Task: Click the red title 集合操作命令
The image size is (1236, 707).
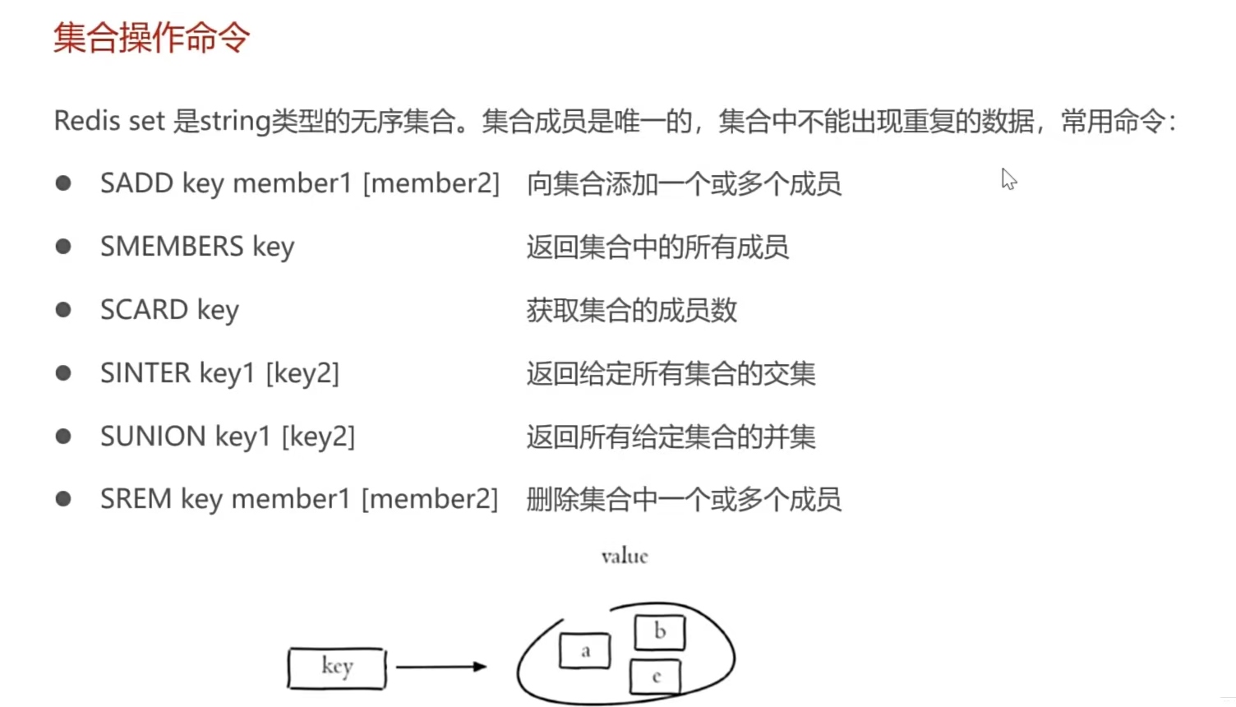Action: [x=151, y=38]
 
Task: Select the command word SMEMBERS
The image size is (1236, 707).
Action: [x=172, y=246]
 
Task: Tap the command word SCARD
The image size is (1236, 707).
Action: [x=144, y=309]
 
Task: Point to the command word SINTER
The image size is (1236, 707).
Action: [x=145, y=372]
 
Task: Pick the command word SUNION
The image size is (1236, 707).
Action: [x=153, y=436]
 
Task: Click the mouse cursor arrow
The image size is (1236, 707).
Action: [x=1008, y=178]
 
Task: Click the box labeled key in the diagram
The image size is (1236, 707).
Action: [x=337, y=668]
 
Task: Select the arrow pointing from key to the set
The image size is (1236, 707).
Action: [x=440, y=667]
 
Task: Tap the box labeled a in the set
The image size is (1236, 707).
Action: [x=585, y=651]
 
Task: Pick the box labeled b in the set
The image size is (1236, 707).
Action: [x=660, y=632]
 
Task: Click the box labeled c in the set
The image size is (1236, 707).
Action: [x=656, y=677]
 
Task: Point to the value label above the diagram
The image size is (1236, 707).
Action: [x=625, y=557]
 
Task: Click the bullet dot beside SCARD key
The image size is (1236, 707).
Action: [x=63, y=309]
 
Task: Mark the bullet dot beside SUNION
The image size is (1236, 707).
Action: [x=63, y=436]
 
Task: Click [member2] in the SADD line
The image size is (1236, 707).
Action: [x=431, y=183]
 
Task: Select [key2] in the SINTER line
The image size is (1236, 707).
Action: [x=302, y=372]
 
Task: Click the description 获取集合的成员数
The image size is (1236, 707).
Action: [x=631, y=310]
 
